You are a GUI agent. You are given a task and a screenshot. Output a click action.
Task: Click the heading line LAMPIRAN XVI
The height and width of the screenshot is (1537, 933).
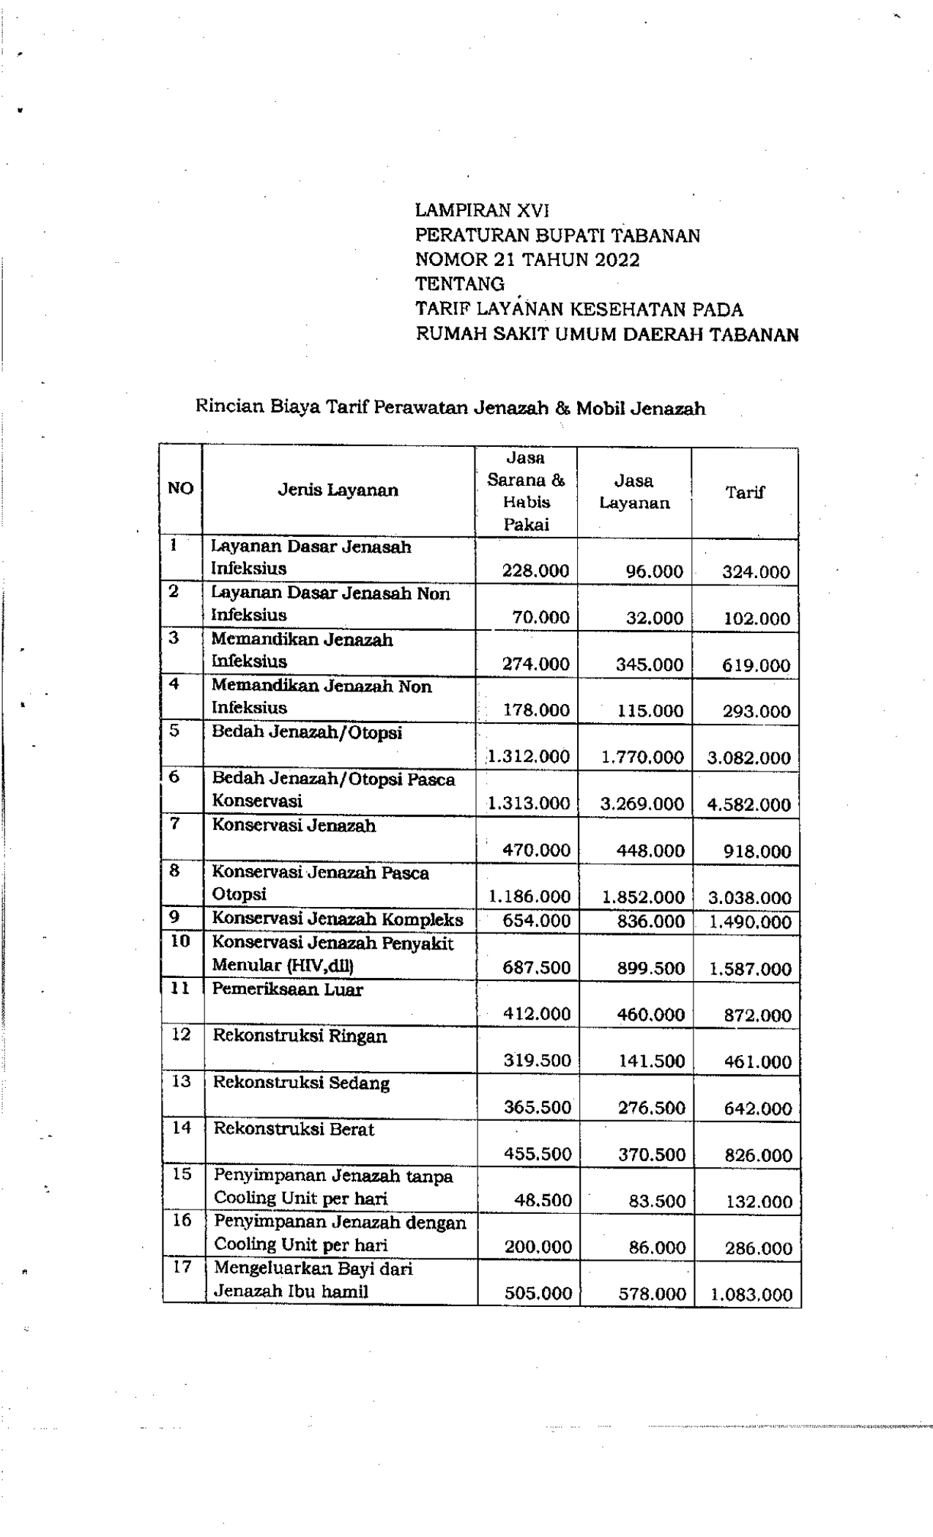pos(482,210)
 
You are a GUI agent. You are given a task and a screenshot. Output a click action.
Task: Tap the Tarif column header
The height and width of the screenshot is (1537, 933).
pos(744,492)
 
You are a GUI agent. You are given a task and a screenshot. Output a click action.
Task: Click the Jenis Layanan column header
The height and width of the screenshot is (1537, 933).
pos(338,490)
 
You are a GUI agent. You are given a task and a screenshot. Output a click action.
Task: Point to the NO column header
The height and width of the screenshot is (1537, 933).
pos(180,489)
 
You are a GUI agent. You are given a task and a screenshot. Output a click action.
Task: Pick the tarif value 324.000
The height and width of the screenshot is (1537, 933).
pos(756,572)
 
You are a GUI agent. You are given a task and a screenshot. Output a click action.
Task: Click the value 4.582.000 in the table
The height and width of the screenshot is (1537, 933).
pos(749,804)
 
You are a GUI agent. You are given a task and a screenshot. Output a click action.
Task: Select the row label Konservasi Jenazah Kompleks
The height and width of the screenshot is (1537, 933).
pos(338,919)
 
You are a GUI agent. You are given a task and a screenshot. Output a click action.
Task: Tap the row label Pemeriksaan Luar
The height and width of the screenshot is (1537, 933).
pos(287,989)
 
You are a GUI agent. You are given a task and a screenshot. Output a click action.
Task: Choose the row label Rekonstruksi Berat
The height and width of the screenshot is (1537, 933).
pos(294,1129)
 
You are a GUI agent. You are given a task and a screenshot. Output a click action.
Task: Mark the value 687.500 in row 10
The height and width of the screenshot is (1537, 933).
pos(536,968)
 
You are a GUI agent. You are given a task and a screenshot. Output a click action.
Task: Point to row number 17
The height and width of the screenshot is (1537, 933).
pos(182,1267)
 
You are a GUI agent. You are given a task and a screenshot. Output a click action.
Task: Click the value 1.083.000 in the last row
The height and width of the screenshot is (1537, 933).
pos(751,1295)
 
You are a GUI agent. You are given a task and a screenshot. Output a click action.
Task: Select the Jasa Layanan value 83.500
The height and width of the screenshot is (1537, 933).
pos(657,1201)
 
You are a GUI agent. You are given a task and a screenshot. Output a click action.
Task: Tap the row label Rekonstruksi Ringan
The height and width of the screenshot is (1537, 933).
pos(300,1036)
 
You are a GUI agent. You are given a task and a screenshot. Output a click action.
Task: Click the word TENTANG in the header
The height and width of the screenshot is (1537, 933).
pos(460,284)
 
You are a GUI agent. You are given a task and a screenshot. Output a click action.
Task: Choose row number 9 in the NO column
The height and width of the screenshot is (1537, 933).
pos(174,916)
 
